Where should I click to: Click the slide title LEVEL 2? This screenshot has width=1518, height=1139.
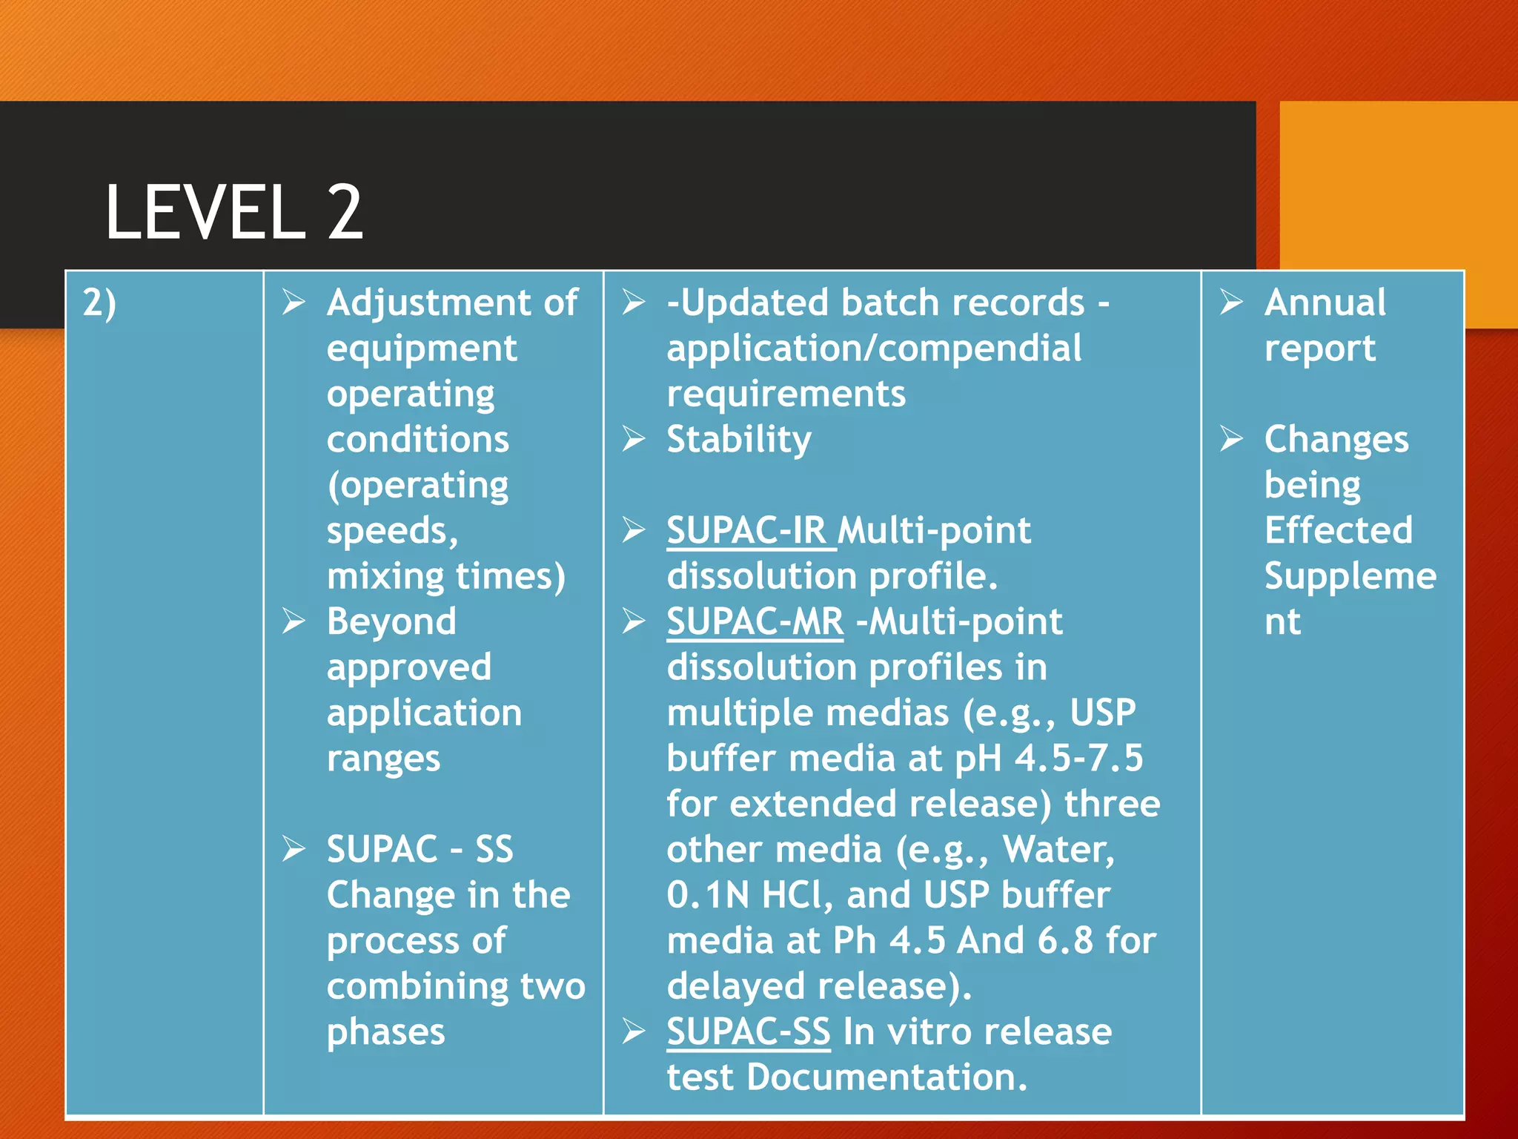(x=234, y=213)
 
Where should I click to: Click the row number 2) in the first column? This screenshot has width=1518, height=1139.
(x=99, y=303)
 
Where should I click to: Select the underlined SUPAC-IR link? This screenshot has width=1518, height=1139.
(x=746, y=531)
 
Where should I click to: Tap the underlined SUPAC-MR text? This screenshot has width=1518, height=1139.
(x=755, y=621)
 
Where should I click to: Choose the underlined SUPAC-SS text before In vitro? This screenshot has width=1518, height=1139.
(x=748, y=1031)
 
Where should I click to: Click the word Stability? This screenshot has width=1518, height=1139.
(x=739, y=440)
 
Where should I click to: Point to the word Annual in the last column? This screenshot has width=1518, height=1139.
(x=1325, y=303)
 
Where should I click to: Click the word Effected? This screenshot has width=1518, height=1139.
(x=1338, y=531)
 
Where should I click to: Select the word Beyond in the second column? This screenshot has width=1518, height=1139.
(x=391, y=621)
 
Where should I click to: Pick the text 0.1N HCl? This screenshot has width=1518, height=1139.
(x=745, y=895)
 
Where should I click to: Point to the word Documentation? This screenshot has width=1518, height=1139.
(x=886, y=1077)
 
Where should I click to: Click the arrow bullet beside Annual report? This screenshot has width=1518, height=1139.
(x=1231, y=303)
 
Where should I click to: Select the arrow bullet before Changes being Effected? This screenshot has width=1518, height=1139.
(x=1231, y=439)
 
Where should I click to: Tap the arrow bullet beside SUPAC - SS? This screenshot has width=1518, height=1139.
(x=294, y=849)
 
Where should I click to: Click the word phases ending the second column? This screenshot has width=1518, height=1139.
(x=385, y=1032)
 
